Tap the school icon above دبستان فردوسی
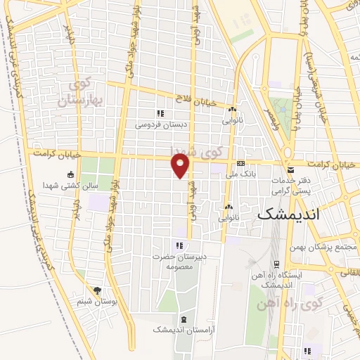[160, 113]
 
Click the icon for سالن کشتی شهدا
[70, 176]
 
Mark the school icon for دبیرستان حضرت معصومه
[180, 245]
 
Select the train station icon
[276, 264]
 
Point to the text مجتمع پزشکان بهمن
[328, 249]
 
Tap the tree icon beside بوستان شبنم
[97, 290]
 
